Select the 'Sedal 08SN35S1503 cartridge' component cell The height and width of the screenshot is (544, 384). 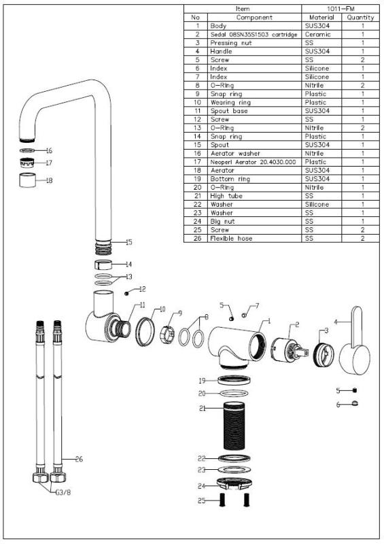[254, 33]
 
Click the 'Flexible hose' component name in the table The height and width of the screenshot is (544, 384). [231, 239]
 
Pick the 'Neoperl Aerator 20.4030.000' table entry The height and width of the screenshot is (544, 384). [253, 162]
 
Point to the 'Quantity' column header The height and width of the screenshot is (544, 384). [360, 16]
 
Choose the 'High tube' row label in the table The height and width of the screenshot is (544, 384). [226, 196]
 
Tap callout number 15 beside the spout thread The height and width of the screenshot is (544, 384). [128, 242]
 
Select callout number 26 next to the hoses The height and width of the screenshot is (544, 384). [79, 460]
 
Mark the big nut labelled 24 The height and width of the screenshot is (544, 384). [233, 484]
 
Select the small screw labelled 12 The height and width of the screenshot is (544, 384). [127, 293]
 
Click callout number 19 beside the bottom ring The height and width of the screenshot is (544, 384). [202, 380]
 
